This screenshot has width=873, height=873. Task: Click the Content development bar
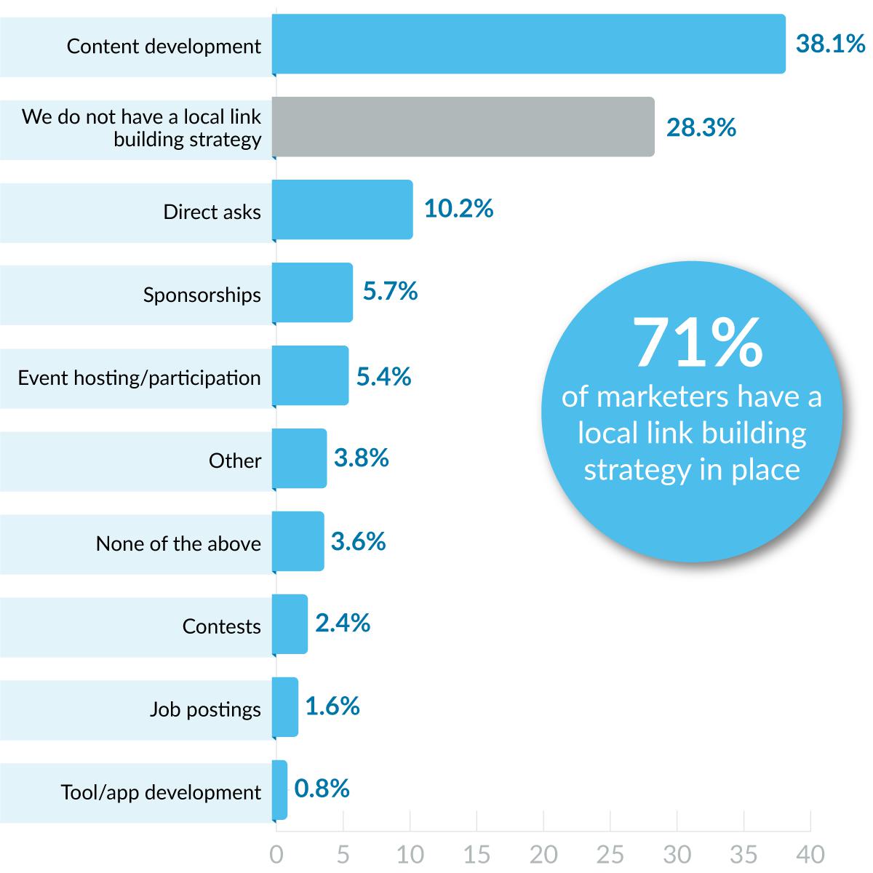(x=529, y=44)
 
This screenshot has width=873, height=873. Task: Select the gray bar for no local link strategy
(x=463, y=127)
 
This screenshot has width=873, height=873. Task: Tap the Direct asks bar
(x=343, y=210)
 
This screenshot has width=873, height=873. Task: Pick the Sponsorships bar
(x=313, y=292)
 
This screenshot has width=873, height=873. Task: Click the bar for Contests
(x=290, y=624)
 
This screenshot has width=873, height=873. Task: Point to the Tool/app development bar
(x=280, y=790)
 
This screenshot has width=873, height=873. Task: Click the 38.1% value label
(x=830, y=44)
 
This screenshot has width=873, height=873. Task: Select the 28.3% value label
(x=701, y=128)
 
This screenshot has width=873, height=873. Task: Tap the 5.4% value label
(x=383, y=376)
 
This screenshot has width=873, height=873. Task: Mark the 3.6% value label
(x=358, y=542)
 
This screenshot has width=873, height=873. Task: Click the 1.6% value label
(x=332, y=706)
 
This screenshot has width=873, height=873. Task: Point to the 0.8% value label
(x=322, y=789)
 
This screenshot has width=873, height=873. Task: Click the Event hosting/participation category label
(x=139, y=378)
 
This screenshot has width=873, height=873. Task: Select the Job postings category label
(x=205, y=709)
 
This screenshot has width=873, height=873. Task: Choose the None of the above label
(x=178, y=543)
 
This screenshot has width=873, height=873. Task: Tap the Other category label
(x=234, y=461)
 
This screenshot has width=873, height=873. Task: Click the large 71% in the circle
(x=698, y=343)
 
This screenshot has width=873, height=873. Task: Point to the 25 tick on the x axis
(x=610, y=854)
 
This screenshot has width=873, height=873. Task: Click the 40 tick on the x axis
(x=810, y=854)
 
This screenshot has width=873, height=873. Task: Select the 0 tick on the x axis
(x=276, y=854)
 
